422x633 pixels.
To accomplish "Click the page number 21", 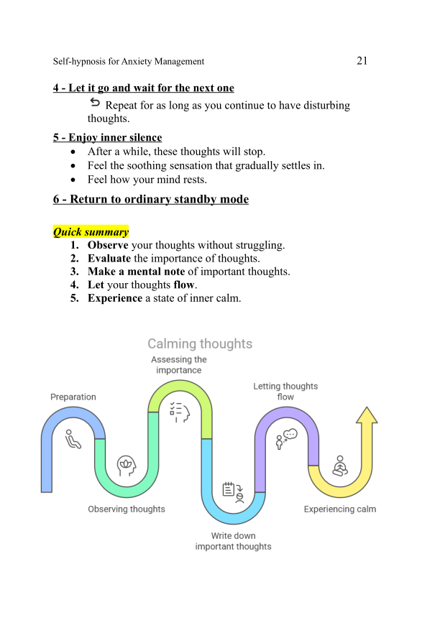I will [x=362, y=60].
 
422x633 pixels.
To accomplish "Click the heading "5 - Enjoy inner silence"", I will [x=107, y=137].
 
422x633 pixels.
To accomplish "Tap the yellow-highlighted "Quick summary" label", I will [x=91, y=232].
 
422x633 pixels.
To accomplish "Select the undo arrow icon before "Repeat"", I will [x=95, y=104].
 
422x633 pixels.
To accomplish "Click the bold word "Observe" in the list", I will [x=108, y=245].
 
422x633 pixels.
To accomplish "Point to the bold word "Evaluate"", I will [x=109, y=259].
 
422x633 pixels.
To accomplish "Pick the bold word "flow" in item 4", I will [x=184, y=285].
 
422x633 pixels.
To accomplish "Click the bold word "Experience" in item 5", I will [x=115, y=298].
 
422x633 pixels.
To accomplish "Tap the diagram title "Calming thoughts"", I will [x=200, y=344].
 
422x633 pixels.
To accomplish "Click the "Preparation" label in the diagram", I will [x=73, y=397].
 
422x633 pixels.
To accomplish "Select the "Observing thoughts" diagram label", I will [x=127, y=509].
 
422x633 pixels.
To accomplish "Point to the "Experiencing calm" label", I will [x=339, y=509].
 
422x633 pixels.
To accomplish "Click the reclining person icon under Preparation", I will [x=73, y=438].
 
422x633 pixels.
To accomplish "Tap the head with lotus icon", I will [x=127, y=463].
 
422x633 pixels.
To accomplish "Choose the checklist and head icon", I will [x=179, y=412].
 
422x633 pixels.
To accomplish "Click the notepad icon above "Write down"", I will [x=233, y=491].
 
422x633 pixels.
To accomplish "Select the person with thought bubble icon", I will [x=286, y=438].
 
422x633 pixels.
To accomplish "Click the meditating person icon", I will [x=339, y=466].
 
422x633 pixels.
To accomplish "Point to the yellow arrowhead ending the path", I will [x=367, y=416].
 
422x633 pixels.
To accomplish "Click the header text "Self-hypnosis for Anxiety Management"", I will [x=129, y=62].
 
